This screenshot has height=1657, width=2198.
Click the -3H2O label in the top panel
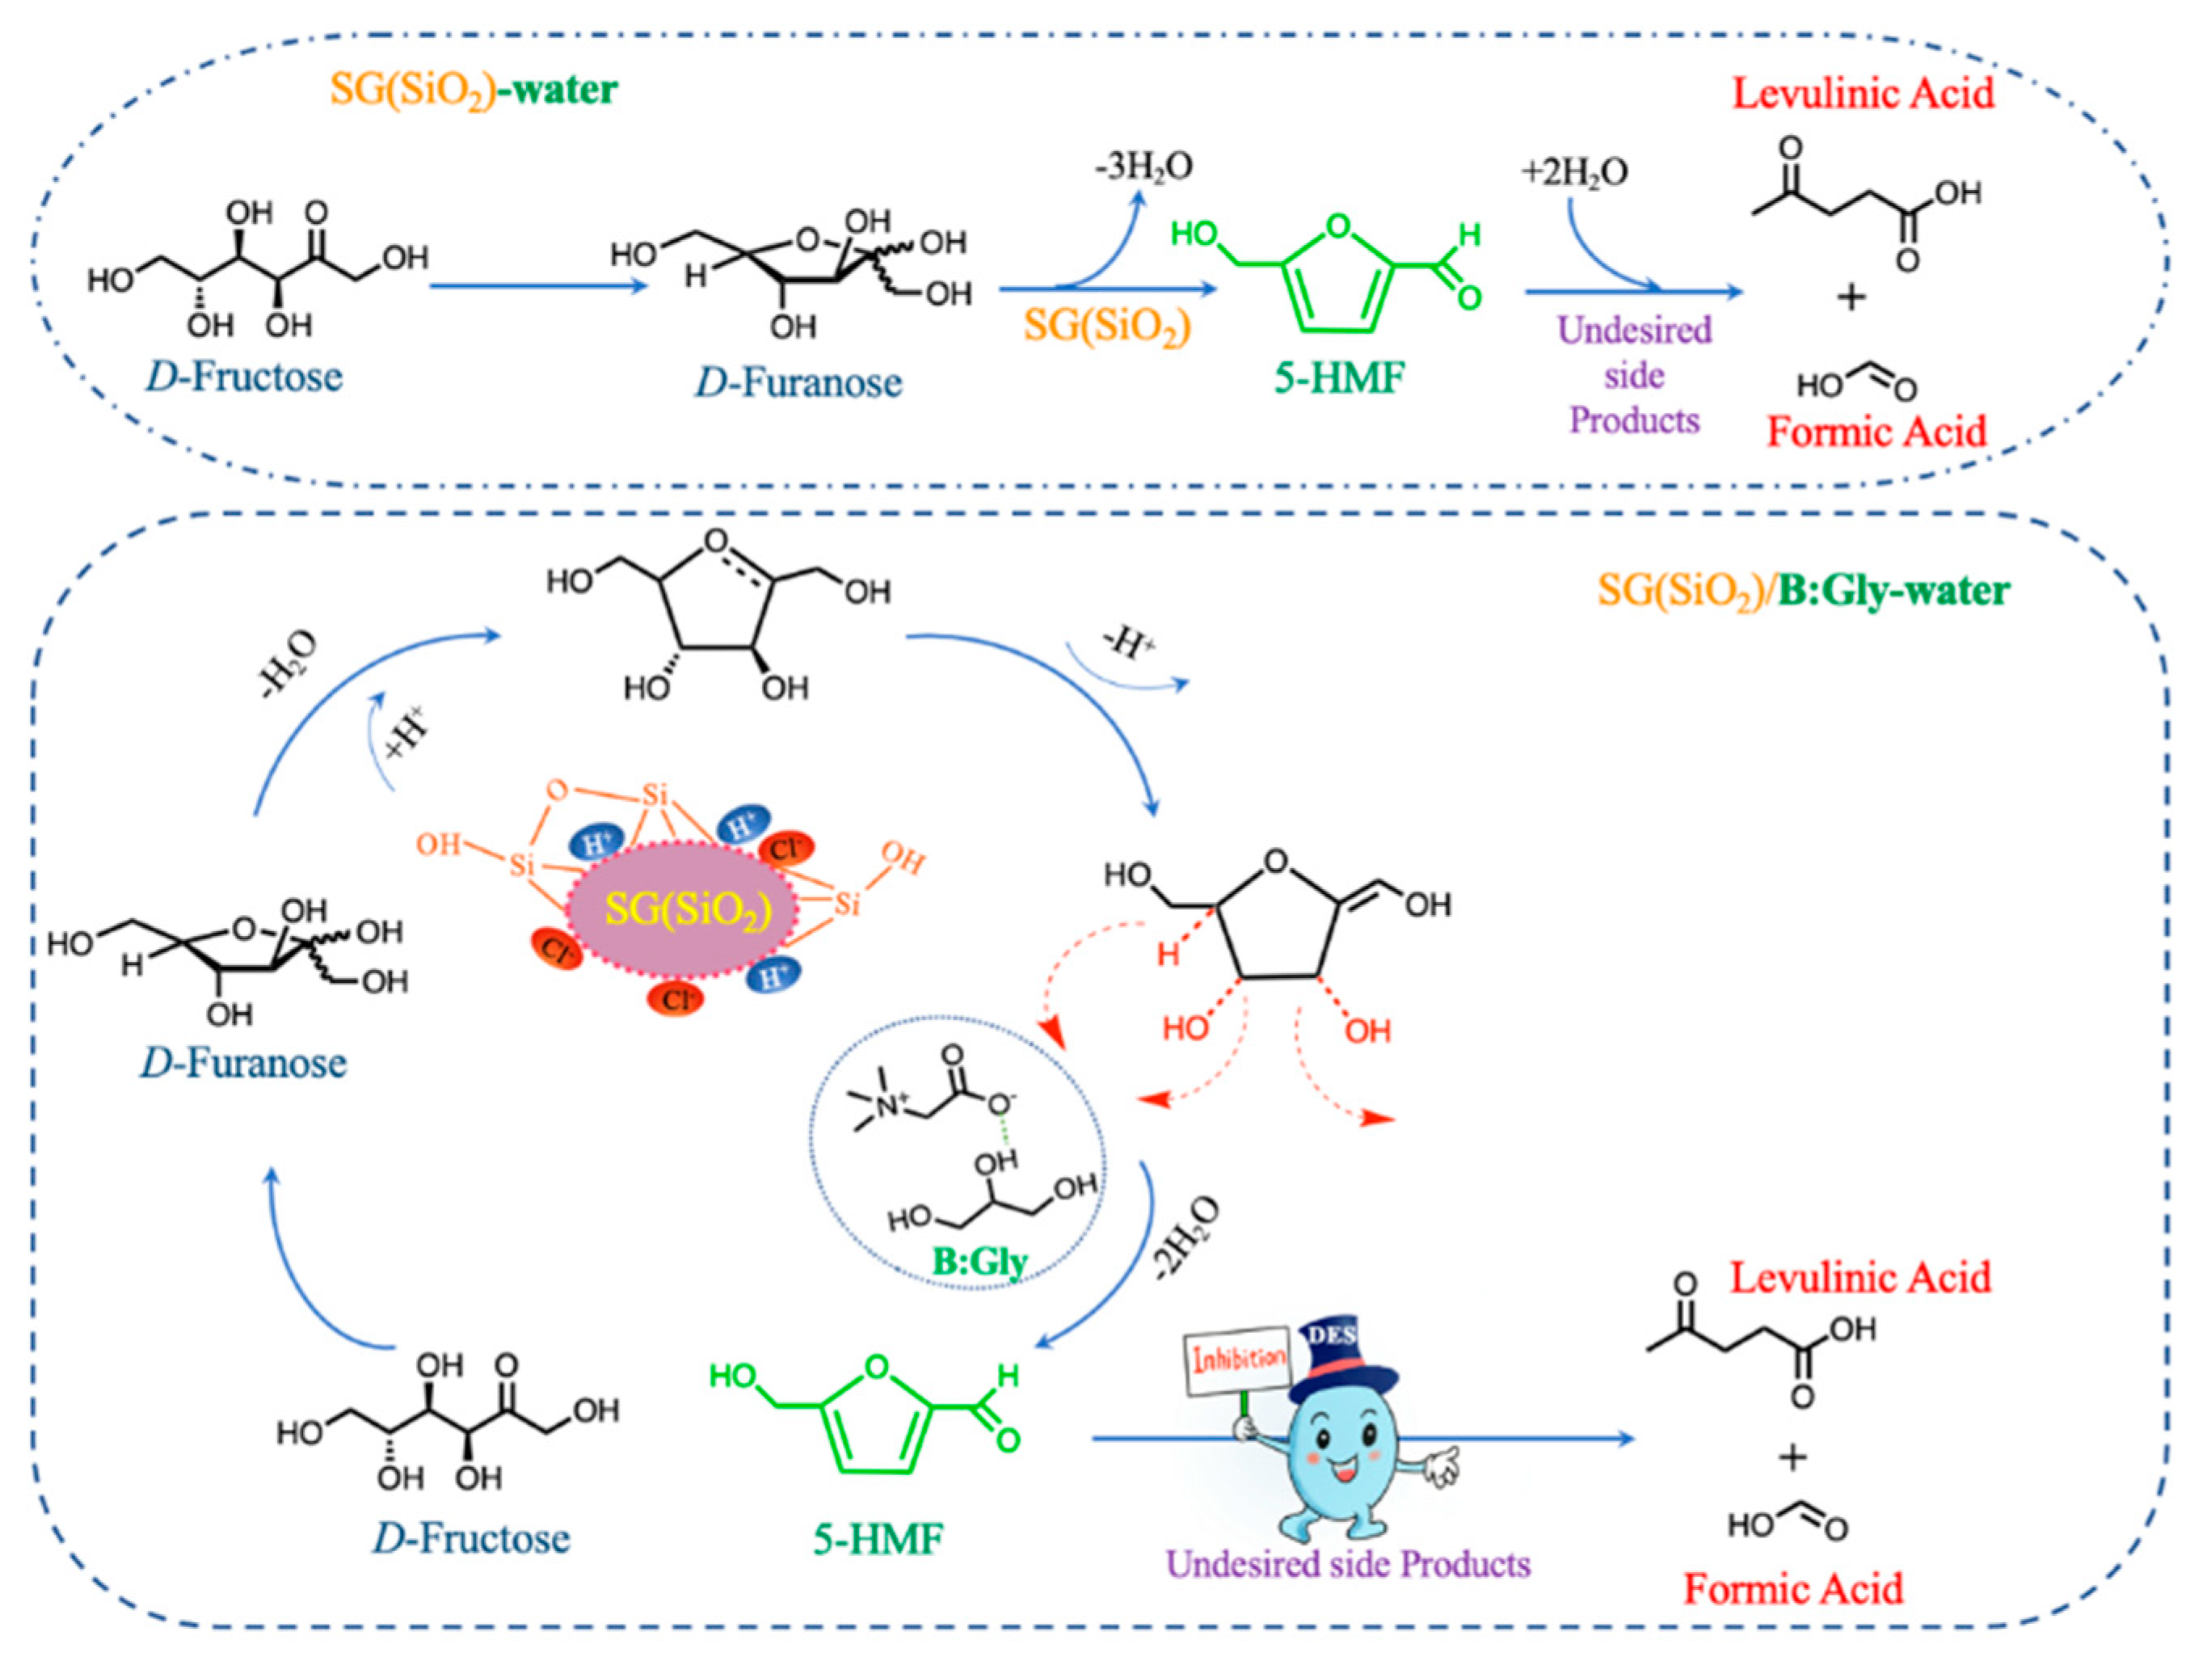[x=1143, y=167]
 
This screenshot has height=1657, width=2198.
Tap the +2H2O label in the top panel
[x=1574, y=172]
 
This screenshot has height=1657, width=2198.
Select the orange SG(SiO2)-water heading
[x=473, y=91]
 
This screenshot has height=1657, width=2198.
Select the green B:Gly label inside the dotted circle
[x=979, y=1262]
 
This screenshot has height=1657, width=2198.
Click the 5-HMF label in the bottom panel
[x=878, y=1540]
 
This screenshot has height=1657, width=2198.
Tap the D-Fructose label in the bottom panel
[x=471, y=1539]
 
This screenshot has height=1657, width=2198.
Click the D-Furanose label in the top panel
[x=798, y=382]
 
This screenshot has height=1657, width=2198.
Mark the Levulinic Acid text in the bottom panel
[x=1859, y=1278]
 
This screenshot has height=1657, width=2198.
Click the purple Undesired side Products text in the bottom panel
[x=1347, y=1565]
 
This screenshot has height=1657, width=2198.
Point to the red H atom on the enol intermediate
[x=1168, y=955]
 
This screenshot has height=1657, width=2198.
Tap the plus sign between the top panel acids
[x=1851, y=297]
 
